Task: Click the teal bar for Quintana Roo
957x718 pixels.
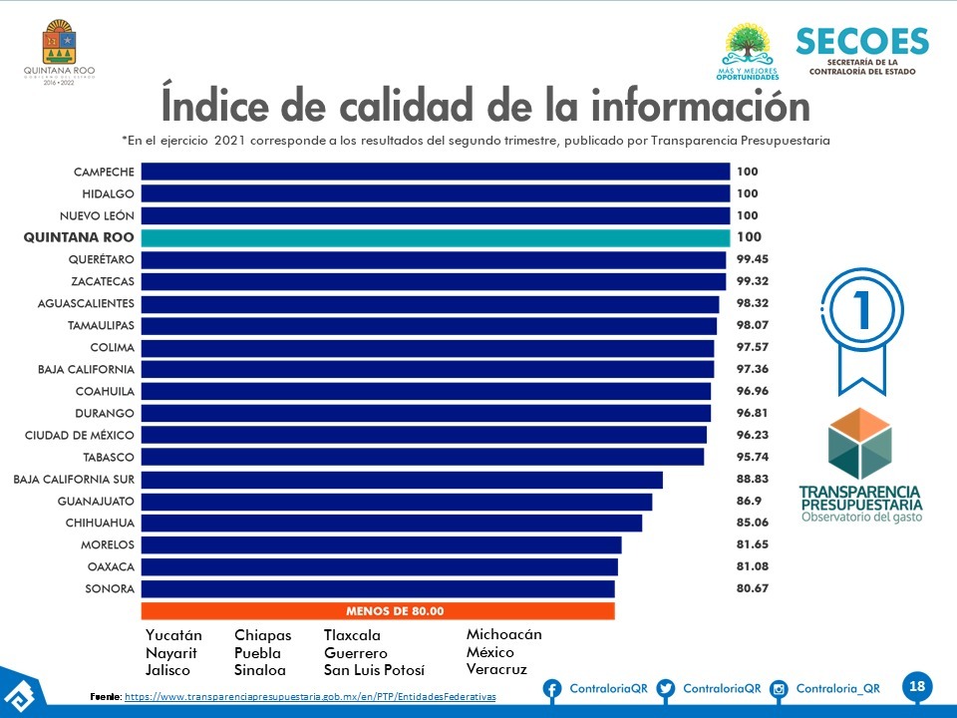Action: tap(435, 237)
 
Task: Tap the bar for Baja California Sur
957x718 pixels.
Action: tap(401, 480)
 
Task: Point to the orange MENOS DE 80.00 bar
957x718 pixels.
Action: tap(378, 611)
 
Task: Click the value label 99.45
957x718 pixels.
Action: tap(752, 259)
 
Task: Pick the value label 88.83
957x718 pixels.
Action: tap(752, 480)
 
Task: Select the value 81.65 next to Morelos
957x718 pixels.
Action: tap(752, 544)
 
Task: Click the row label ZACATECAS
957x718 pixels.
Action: tap(103, 281)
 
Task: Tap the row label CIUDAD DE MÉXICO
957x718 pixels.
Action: tap(80, 435)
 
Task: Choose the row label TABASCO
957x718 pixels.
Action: tap(109, 457)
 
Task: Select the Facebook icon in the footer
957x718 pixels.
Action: tap(552, 689)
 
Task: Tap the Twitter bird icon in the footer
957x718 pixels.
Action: tap(666, 689)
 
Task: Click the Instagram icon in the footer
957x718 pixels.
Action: tap(781, 689)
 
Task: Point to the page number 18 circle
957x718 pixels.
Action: tap(917, 686)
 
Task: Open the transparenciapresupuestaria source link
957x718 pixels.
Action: tap(309, 695)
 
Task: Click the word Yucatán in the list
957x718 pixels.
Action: tap(173, 635)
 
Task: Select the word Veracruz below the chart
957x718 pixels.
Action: tap(496, 669)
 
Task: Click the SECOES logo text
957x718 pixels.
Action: tap(861, 42)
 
